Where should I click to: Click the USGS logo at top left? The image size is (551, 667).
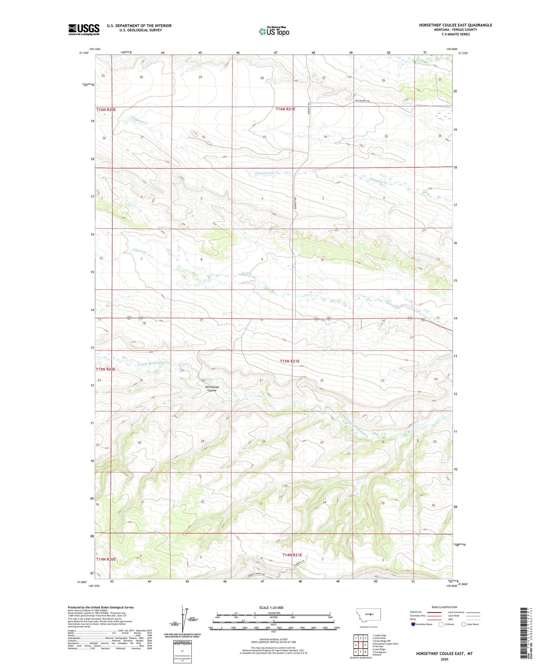tap(84, 29)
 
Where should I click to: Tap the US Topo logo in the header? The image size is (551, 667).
tap(274, 32)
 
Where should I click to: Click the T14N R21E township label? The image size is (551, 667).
tap(292, 555)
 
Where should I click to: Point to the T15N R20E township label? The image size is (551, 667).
tap(106, 369)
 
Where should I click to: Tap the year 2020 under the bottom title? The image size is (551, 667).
tap(444, 659)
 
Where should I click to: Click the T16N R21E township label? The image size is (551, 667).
tap(285, 109)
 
